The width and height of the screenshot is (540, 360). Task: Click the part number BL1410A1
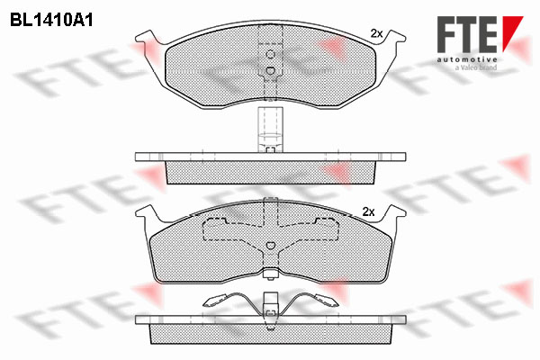click(51, 21)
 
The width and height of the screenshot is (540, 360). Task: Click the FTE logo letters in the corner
click(467, 34)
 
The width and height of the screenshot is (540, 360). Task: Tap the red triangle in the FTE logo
click(512, 32)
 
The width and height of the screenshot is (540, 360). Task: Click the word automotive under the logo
click(467, 60)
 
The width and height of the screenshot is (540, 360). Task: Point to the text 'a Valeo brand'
click(476, 67)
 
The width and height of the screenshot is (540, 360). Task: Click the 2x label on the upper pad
click(376, 34)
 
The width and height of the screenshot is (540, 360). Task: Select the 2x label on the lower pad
click(368, 211)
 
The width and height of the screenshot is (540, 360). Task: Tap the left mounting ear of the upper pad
click(148, 39)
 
